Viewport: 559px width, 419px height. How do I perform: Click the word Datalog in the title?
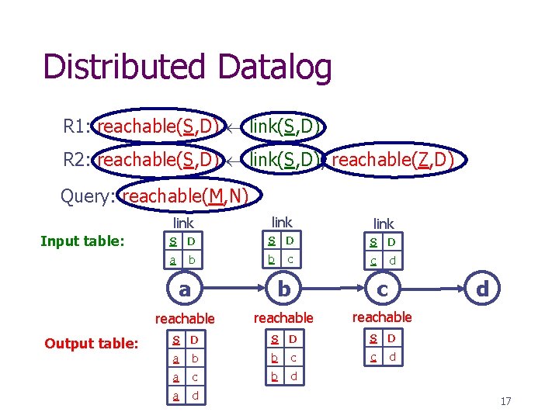(x=275, y=68)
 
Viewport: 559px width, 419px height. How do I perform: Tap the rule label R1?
(x=78, y=126)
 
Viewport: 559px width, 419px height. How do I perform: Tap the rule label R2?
(x=78, y=161)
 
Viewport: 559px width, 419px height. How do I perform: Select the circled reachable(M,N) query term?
(x=185, y=196)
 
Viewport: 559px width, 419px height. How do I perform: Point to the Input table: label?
(x=82, y=241)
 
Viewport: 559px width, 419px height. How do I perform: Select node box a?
(x=184, y=289)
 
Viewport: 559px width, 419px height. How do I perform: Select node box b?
(x=284, y=289)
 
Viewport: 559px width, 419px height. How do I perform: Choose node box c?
(x=382, y=289)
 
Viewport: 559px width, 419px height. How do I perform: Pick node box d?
(x=482, y=289)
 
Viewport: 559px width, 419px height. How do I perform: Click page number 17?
(x=505, y=401)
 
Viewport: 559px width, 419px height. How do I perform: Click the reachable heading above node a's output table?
(x=185, y=319)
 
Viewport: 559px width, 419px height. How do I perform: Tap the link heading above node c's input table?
(x=384, y=224)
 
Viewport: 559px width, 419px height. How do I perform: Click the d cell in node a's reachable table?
(x=195, y=396)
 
